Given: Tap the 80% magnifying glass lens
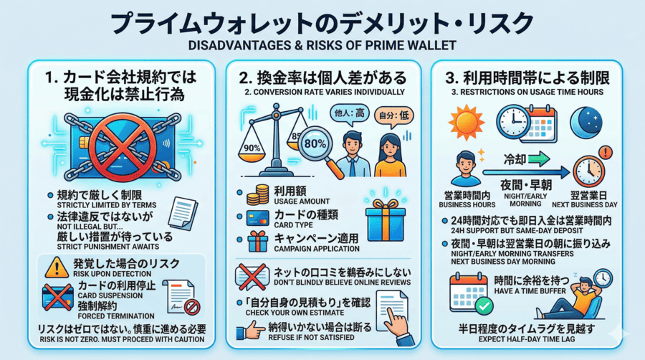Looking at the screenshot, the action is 315,143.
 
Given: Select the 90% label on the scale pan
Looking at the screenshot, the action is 252,148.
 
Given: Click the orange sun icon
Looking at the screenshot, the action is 466,123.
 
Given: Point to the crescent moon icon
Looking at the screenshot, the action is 586,122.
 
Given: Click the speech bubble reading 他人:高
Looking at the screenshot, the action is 349,114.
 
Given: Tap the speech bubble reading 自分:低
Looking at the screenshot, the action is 393,115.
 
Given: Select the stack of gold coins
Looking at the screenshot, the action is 257,195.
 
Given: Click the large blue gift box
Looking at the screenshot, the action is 385,219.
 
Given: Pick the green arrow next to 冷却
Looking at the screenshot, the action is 538,158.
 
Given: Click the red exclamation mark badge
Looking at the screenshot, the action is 605,153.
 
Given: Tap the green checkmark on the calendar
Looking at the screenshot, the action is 484,305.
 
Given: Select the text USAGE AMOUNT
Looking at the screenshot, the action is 302,202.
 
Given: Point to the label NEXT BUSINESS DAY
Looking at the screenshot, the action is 585,204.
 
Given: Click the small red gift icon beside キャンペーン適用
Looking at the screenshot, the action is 257,241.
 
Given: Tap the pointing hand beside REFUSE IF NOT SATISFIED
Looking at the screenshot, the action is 250,330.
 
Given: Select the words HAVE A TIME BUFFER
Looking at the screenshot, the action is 530,291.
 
